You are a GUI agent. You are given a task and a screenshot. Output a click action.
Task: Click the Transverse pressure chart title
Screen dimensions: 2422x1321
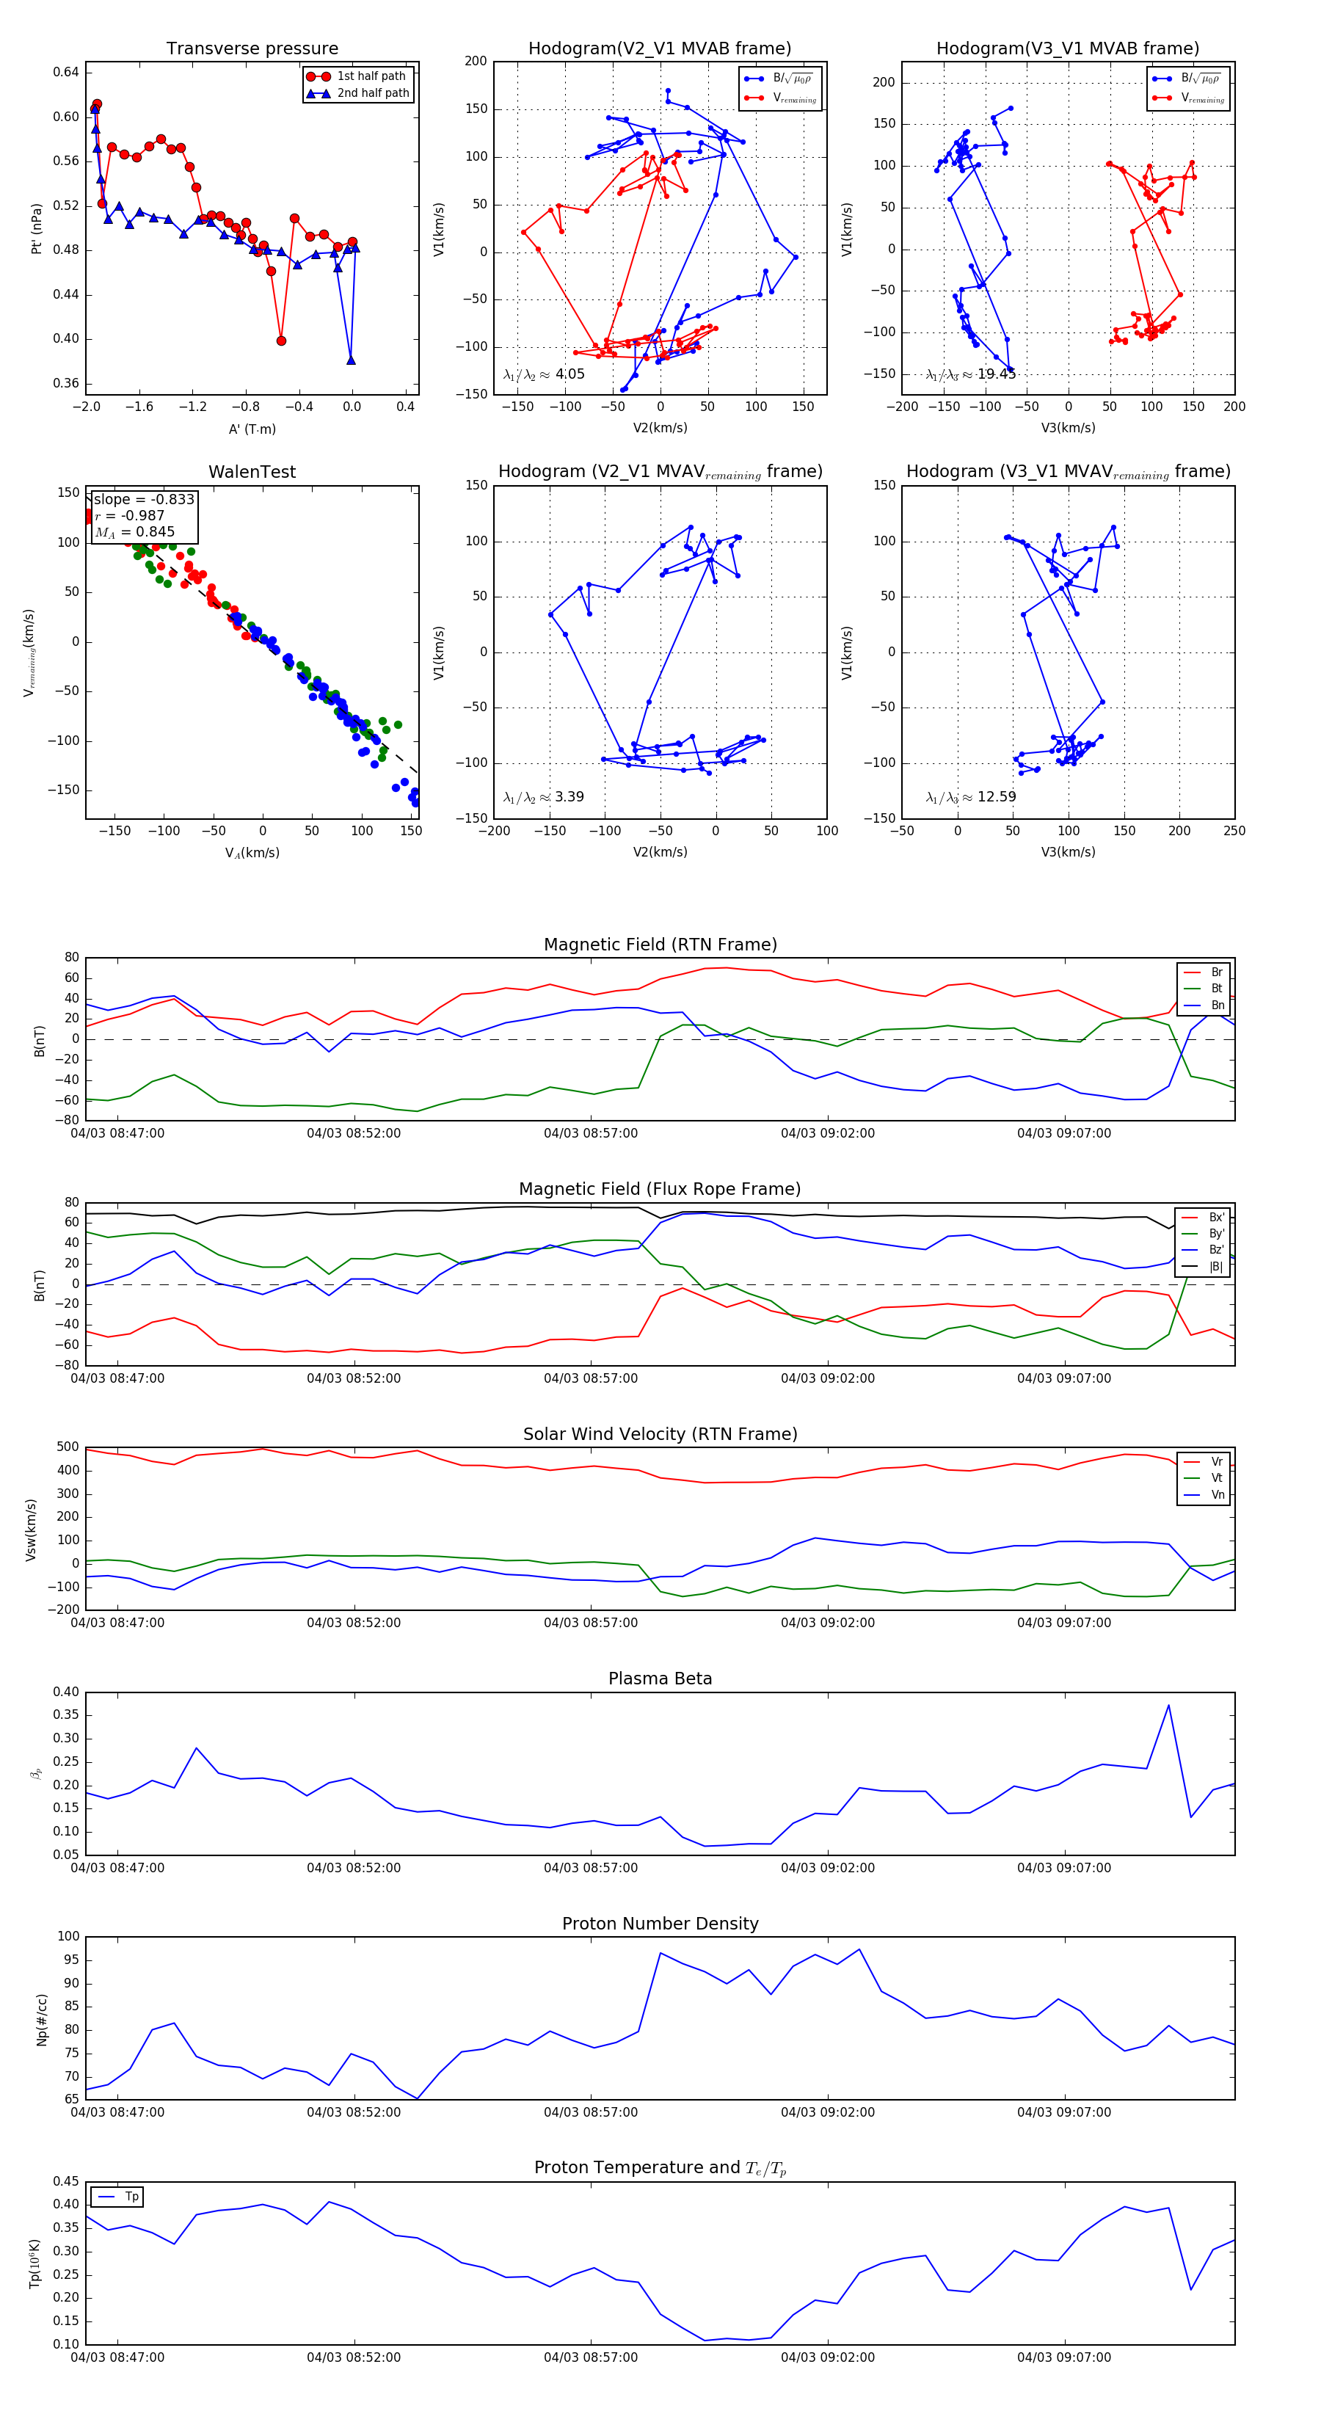[252, 49]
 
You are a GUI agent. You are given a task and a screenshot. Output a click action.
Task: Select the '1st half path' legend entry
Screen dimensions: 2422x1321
[371, 76]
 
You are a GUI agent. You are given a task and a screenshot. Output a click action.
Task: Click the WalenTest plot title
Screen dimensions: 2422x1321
[252, 472]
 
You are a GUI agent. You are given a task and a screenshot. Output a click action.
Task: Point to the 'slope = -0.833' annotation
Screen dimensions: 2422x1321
[144, 499]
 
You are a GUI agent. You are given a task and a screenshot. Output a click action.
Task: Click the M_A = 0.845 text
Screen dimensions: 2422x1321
[134, 532]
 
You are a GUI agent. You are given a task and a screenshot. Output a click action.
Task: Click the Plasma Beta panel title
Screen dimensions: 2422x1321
[660, 1679]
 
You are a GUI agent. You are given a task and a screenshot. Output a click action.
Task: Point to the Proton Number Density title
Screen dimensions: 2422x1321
[660, 1924]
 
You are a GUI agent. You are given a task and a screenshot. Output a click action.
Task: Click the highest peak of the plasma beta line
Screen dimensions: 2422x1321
[1168, 1706]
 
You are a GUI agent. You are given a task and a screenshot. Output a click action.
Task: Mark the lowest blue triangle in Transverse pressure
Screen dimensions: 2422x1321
[351, 360]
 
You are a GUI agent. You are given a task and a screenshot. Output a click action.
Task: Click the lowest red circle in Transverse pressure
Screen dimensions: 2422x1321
[281, 341]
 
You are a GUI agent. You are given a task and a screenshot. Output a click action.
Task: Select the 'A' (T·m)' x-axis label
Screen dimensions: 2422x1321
[252, 429]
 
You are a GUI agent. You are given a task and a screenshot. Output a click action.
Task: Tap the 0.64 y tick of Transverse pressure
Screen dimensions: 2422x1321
[66, 73]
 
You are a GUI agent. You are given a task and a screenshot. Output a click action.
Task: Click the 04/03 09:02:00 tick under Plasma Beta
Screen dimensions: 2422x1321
[827, 1868]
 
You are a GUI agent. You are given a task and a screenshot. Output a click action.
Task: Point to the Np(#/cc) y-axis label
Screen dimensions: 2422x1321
[41, 2020]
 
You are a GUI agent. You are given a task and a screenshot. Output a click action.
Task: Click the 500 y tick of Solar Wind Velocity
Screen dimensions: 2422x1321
[68, 1447]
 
